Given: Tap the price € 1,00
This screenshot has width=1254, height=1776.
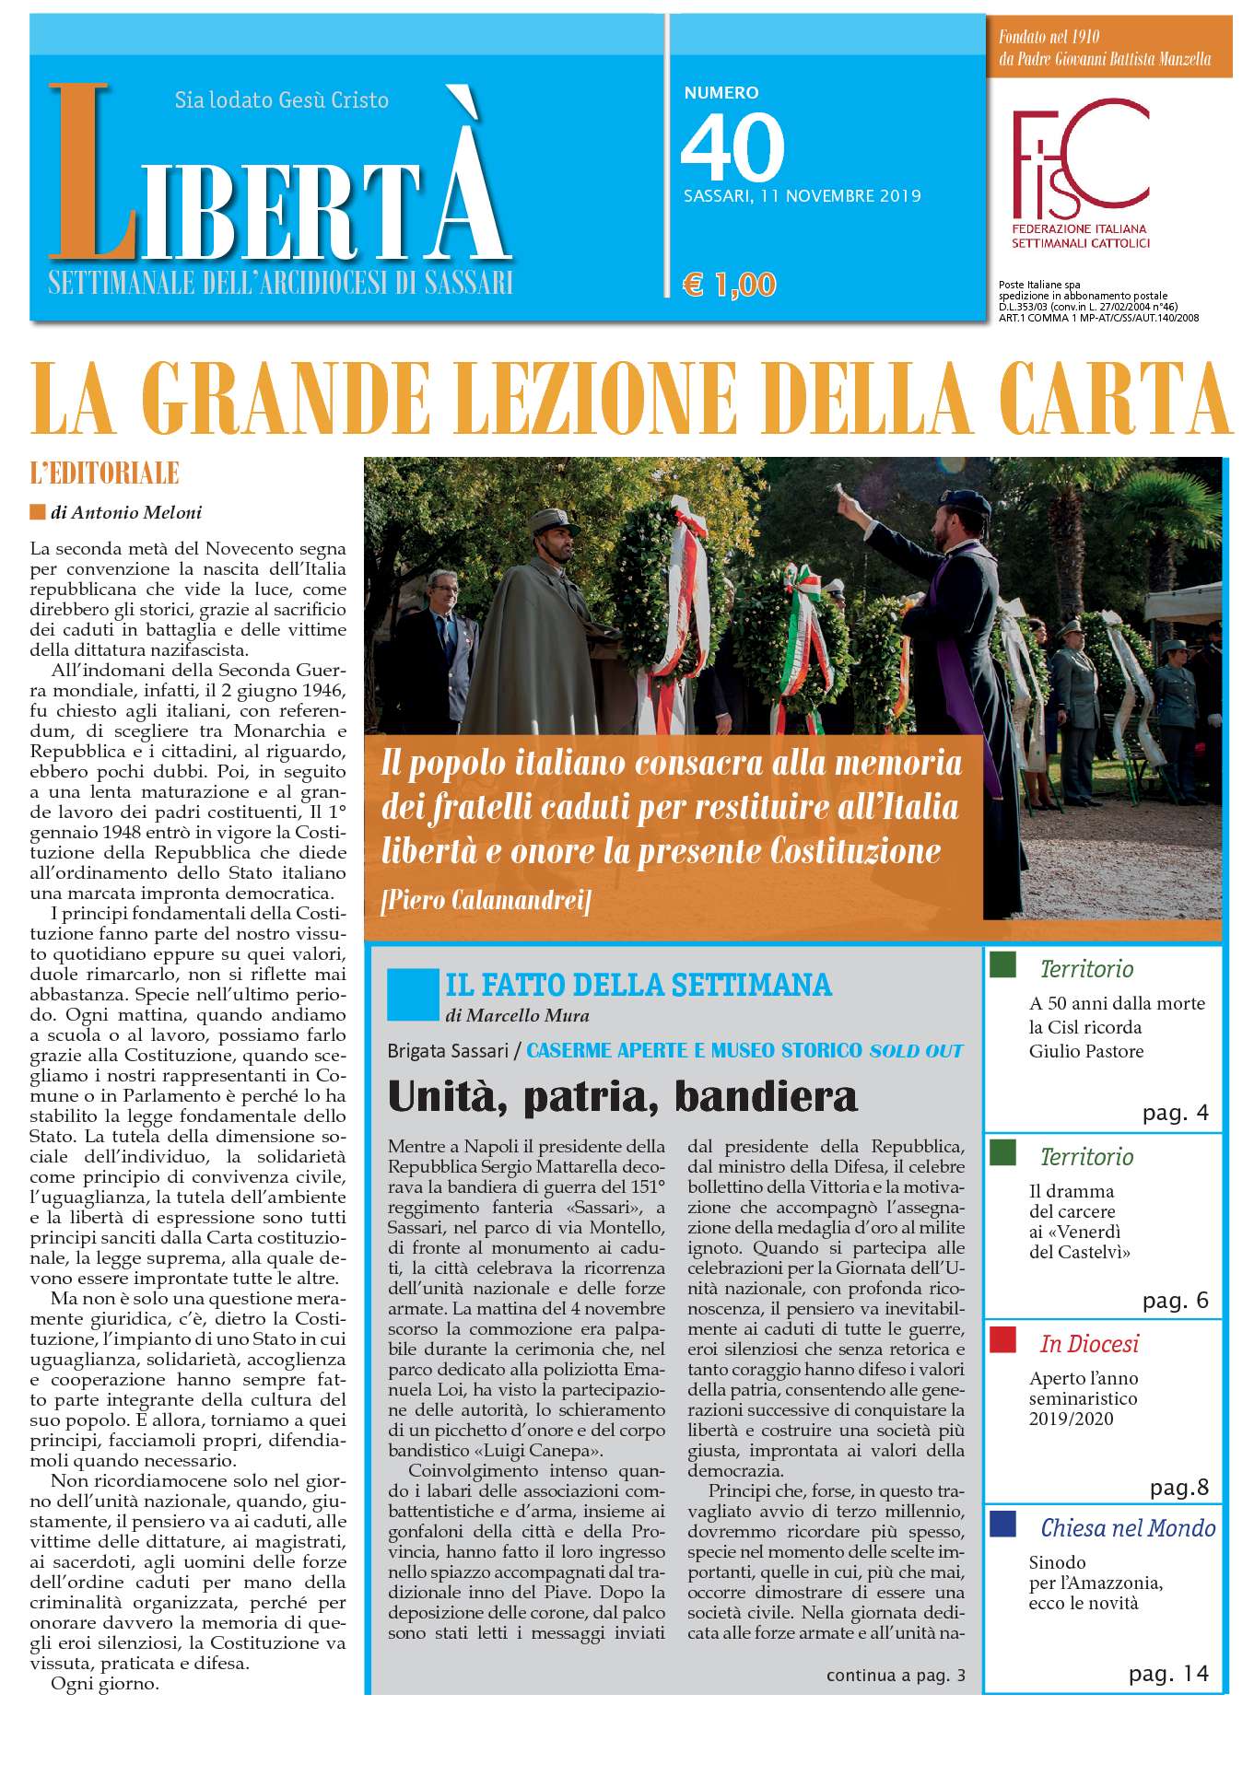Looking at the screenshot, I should (x=730, y=285).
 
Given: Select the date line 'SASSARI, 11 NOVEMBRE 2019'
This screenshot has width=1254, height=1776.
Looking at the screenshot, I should (x=802, y=196).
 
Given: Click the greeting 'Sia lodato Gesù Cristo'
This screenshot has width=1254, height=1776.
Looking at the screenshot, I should (x=281, y=99).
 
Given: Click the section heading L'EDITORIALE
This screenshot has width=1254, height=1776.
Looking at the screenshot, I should (x=104, y=474).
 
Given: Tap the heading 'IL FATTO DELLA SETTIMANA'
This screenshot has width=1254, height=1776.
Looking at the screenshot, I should (x=638, y=985).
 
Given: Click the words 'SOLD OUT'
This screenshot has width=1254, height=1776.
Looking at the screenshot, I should (x=916, y=1050).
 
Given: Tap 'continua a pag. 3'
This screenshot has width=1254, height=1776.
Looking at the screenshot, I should (x=896, y=1675).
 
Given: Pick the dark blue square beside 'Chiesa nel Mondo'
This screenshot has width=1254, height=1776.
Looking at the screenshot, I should (x=1002, y=1524).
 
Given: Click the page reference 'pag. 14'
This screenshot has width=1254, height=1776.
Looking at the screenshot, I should (x=1168, y=1673).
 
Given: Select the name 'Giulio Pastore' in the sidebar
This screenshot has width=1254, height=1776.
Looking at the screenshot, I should (x=1086, y=1051).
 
